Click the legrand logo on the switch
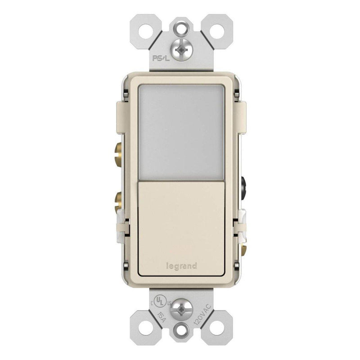point(181,266)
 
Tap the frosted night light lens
point(181,132)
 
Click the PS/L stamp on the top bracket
point(161,58)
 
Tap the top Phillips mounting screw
point(181,49)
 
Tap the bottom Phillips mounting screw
point(181,308)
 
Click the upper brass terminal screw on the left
point(118,153)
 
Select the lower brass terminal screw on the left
point(118,202)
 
